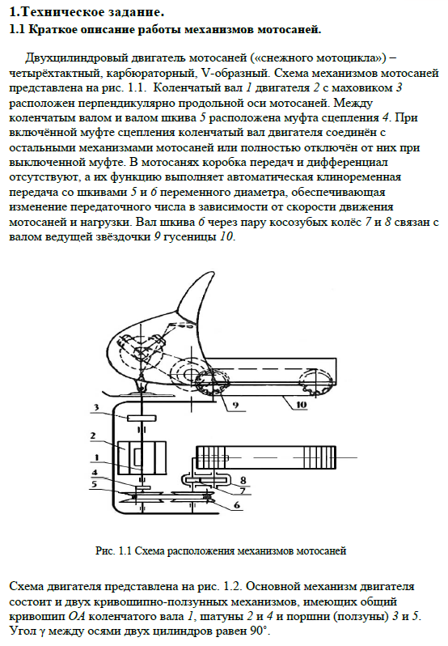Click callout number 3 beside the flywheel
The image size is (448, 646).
(96, 407)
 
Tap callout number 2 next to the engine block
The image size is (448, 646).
(93, 436)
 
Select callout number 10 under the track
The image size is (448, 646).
(302, 405)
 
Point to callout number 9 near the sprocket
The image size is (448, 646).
(235, 405)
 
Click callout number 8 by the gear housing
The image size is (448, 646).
(243, 480)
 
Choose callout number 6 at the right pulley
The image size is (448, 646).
(237, 504)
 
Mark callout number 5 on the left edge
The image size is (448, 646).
(94, 483)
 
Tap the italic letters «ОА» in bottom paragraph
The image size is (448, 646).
(77, 617)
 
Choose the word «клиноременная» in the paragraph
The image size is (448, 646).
(359, 177)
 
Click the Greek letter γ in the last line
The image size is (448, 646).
(42, 632)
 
